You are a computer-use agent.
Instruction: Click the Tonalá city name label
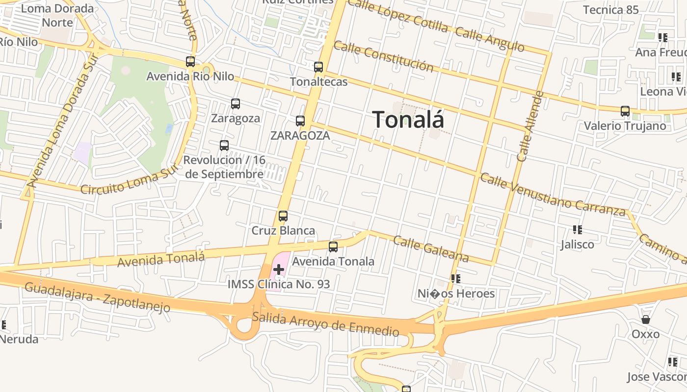[408, 120]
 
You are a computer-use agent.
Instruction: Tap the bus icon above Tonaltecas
[318, 67]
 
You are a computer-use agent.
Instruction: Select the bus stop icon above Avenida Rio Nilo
[190, 62]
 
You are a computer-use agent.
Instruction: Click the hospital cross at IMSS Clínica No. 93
[279, 269]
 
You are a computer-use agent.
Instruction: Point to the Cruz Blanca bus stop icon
[283, 216]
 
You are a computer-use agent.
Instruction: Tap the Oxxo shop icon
[646, 319]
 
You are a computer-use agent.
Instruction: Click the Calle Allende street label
[530, 126]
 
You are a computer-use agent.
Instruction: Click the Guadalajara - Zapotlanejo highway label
[97, 297]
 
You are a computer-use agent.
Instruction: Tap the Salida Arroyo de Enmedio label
[325, 324]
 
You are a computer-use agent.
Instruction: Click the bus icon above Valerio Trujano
[625, 111]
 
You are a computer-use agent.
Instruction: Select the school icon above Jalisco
[578, 229]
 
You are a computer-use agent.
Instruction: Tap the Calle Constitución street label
[383, 56]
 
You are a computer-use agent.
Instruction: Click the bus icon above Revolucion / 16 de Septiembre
[224, 146]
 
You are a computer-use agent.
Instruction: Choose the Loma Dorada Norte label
[57, 15]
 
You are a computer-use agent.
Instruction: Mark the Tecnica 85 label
[611, 10]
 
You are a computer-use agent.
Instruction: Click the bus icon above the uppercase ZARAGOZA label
[300, 121]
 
